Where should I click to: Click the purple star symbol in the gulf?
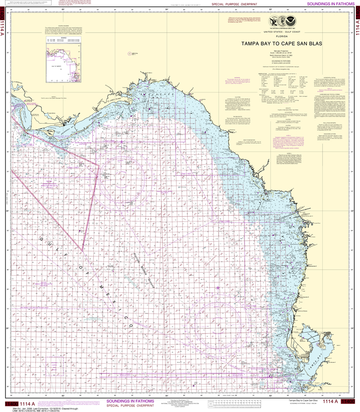pyautogui.click(x=218, y=287)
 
